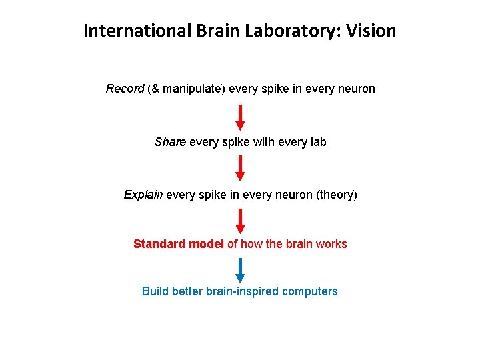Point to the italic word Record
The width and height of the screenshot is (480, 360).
[x=125, y=89]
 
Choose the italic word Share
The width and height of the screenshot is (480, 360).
[x=170, y=142]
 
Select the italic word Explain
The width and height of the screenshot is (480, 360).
[x=143, y=195]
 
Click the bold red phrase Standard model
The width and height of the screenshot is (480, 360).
[x=179, y=244]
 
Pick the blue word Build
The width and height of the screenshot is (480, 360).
[x=155, y=291]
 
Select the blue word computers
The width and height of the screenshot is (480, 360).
[x=310, y=291]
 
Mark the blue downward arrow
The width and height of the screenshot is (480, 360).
[x=241, y=271]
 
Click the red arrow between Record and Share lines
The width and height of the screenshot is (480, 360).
[x=241, y=117]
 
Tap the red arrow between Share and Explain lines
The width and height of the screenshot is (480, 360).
[x=241, y=169]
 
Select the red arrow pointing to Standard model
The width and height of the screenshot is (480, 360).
[x=241, y=221]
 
